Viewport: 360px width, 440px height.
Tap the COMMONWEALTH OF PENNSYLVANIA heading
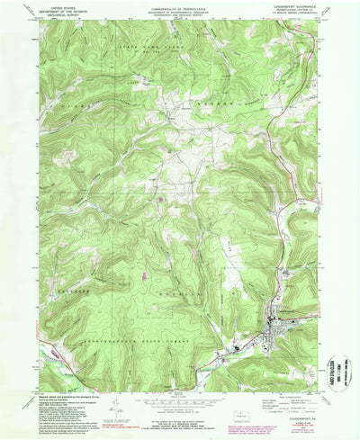click(x=179, y=6)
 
